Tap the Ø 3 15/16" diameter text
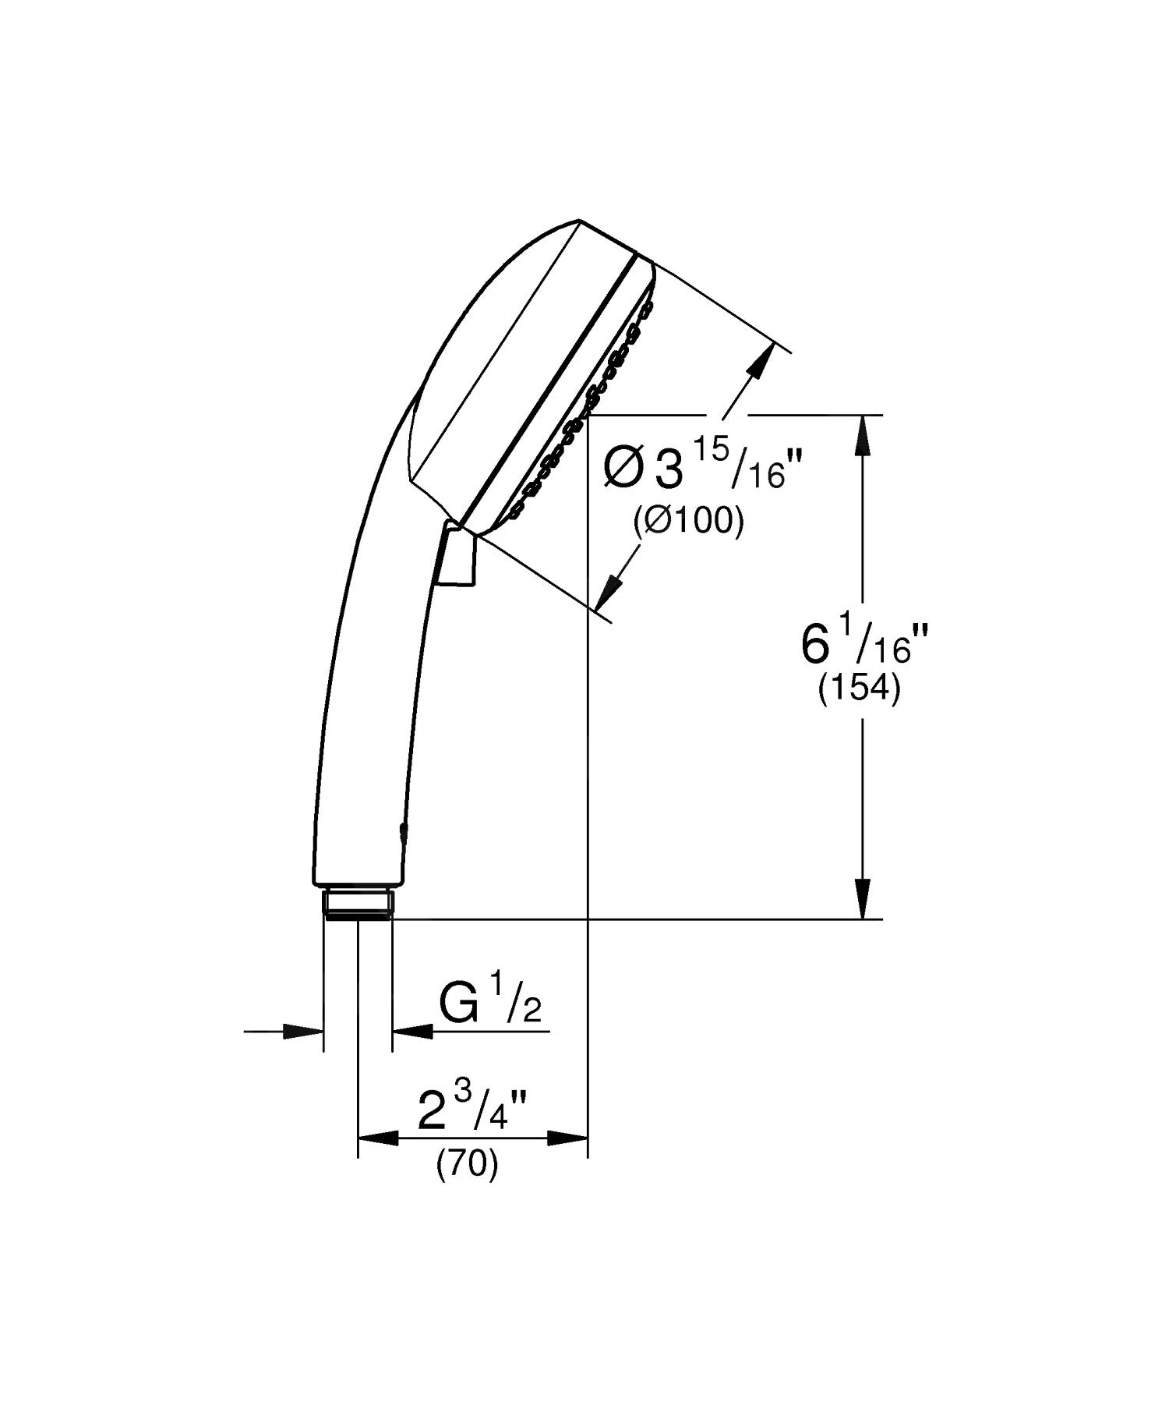click(702, 468)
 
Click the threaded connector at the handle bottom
click(358, 904)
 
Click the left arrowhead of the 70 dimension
click(377, 1138)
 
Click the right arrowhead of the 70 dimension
click(567, 1138)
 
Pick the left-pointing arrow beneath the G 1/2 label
click(412, 1031)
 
